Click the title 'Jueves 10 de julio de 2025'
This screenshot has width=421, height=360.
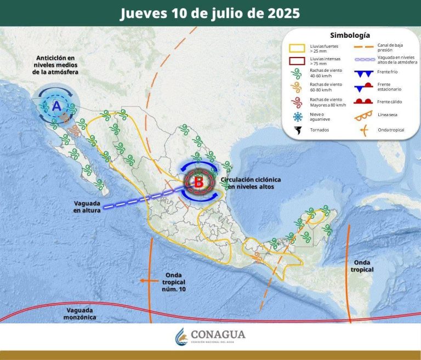pyautogui.click(x=210, y=13)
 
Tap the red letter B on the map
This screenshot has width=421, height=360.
pyautogui.click(x=198, y=181)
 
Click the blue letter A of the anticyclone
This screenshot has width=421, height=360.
pyautogui.click(x=56, y=106)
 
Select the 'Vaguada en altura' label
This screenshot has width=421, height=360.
pyautogui.click(x=88, y=206)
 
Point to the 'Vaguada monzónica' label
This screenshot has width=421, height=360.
pyautogui.click(x=78, y=313)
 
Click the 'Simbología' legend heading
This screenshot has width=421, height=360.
pyautogui.click(x=350, y=35)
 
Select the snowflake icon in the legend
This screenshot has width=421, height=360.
pyautogui.click(x=298, y=116)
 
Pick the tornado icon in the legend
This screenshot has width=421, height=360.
pyautogui.click(x=298, y=131)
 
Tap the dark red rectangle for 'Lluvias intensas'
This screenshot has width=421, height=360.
pyautogui.click(x=298, y=61)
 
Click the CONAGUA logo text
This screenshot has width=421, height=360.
pyautogui.click(x=218, y=335)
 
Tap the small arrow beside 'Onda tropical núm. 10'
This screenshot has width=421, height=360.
pyautogui.click(x=144, y=280)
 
